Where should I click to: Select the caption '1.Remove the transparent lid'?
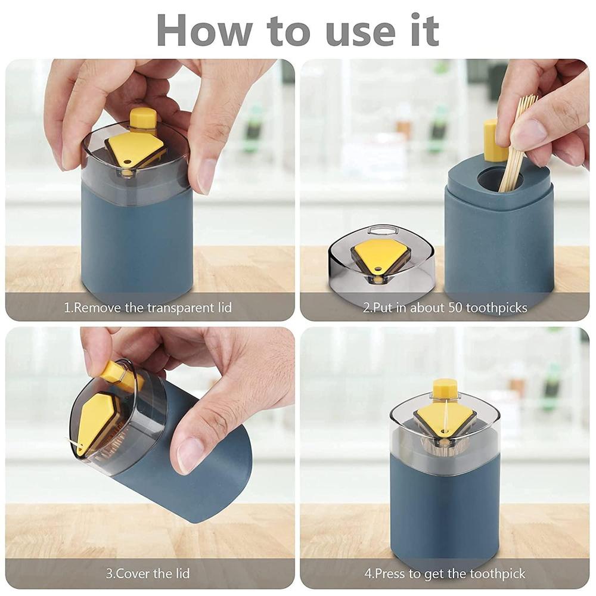[x=148, y=308]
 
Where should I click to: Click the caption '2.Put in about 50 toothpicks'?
[x=445, y=308]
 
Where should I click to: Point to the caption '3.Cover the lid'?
[x=148, y=574]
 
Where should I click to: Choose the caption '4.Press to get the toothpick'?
[x=445, y=574]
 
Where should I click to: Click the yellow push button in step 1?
[x=143, y=118]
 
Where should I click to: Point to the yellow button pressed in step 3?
[x=113, y=372]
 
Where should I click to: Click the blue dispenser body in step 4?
[x=445, y=513]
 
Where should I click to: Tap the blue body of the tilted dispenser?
[x=197, y=471]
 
